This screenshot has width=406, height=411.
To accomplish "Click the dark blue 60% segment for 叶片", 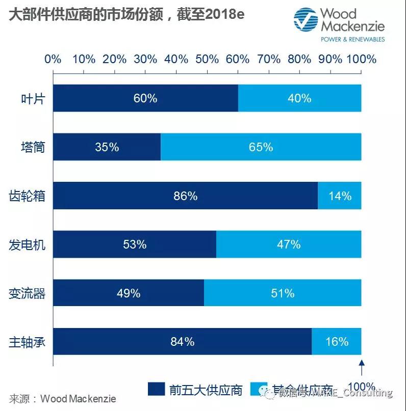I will (x=145, y=98).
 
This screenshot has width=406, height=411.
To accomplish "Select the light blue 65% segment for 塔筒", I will (x=261, y=147).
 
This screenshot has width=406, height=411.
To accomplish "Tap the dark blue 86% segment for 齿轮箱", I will (x=185, y=196).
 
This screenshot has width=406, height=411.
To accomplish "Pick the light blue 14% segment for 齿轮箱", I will (x=339, y=196).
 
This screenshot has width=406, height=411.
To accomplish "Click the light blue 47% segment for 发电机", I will (x=289, y=244).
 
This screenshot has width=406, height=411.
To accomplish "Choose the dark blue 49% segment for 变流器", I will (x=128, y=293).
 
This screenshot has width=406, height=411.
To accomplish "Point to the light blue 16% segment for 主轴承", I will (x=336, y=342).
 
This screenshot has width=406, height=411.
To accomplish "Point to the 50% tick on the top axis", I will (x=207, y=59).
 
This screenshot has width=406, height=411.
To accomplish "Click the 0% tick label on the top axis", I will (x=53, y=59).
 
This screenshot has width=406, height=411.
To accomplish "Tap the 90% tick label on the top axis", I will (x=331, y=59).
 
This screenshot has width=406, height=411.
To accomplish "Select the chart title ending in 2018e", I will (x=126, y=15).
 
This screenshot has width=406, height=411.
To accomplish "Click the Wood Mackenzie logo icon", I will (x=305, y=20).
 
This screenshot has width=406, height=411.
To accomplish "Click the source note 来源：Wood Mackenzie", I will (x=62, y=398).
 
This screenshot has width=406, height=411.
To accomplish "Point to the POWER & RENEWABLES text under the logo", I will (x=352, y=39).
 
